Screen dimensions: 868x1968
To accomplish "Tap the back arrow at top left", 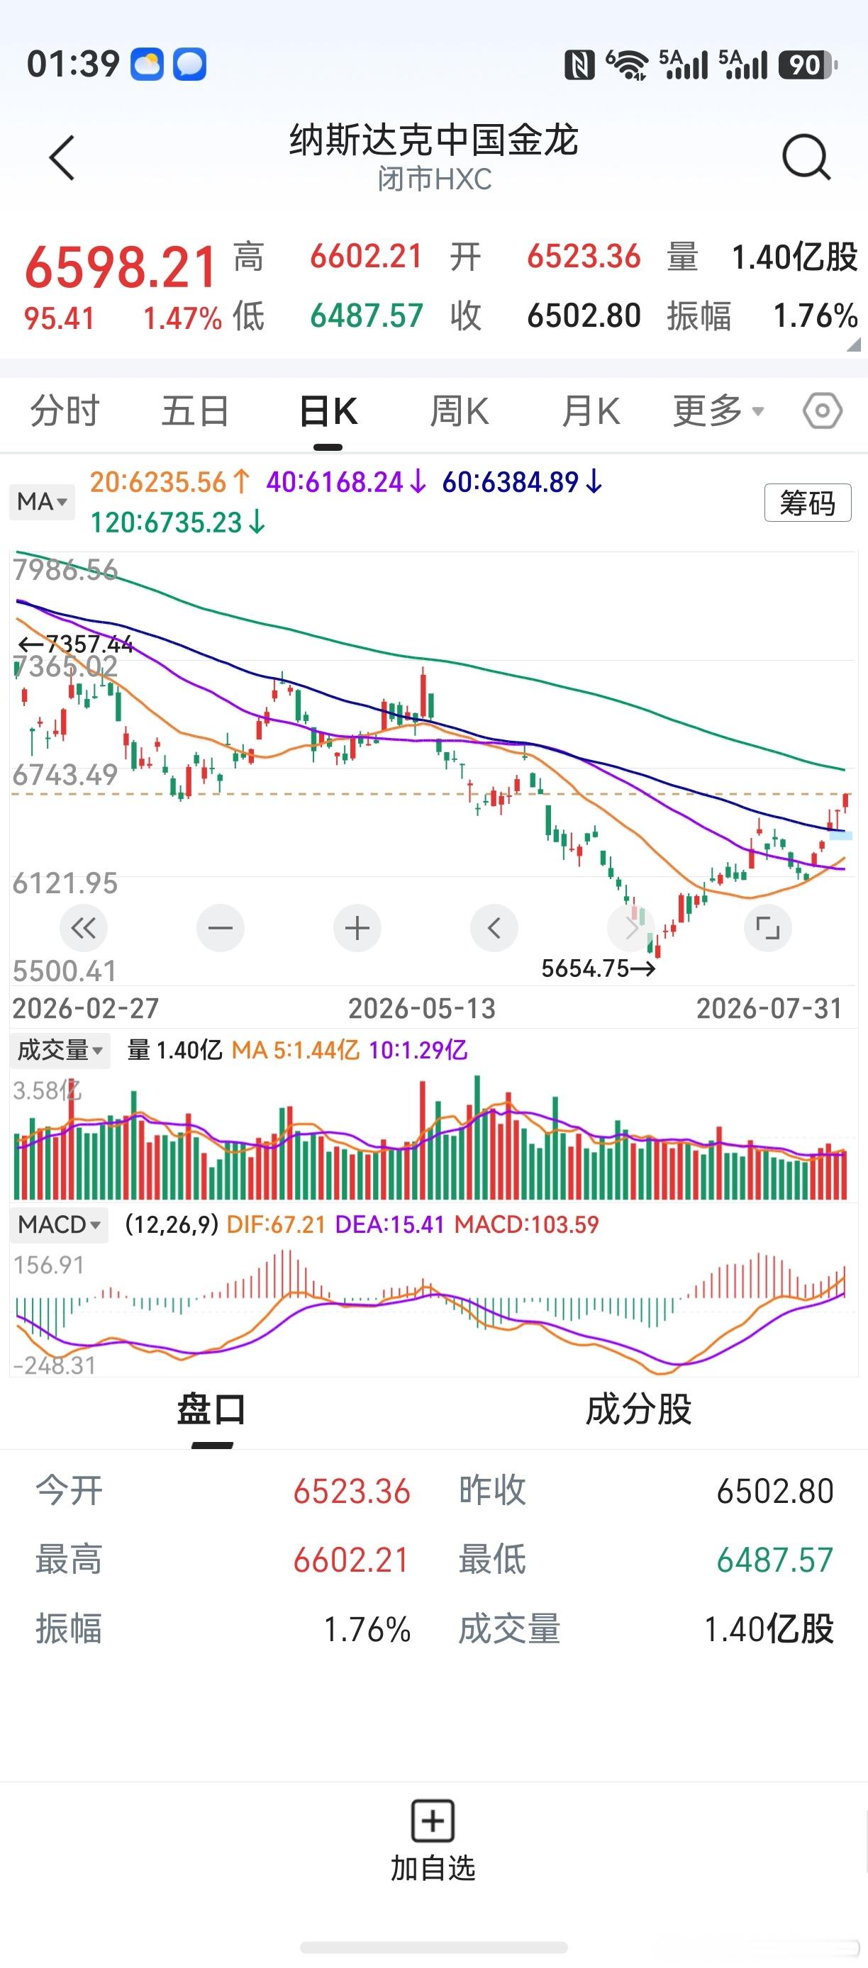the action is pyautogui.click(x=62, y=158).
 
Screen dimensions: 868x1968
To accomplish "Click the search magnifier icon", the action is pyautogui.click(x=806, y=157).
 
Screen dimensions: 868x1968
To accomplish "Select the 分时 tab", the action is pyautogui.click(x=65, y=411).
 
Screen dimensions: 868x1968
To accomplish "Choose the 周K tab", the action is pyautogui.click(x=460, y=411).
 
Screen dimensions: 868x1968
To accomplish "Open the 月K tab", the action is pyautogui.click(x=591, y=411).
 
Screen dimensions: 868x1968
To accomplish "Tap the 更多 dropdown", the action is pyautogui.click(x=718, y=411).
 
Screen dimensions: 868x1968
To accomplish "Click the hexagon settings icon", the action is pyautogui.click(x=822, y=411).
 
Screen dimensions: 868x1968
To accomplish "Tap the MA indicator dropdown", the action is pyautogui.click(x=42, y=502).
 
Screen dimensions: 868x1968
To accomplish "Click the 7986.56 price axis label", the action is pyautogui.click(x=66, y=570).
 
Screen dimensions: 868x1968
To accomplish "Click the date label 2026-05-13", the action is pyautogui.click(x=422, y=1008).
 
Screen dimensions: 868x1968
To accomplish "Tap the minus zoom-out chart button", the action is pyautogui.click(x=220, y=928).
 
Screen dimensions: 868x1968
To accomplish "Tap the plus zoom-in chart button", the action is pyautogui.click(x=357, y=928).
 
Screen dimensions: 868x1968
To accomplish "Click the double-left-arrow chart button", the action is pyautogui.click(x=83, y=928).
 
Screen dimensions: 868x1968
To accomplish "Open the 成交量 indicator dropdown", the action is pyautogui.click(x=60, y=1050).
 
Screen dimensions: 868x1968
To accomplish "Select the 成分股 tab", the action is pyautogui.click(x=639, y=1409).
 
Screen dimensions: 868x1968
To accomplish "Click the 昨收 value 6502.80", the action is pyautogui.click(x=775, y=1492).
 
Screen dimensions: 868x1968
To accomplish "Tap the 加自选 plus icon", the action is pyautogui.click(x=433, y=1821).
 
